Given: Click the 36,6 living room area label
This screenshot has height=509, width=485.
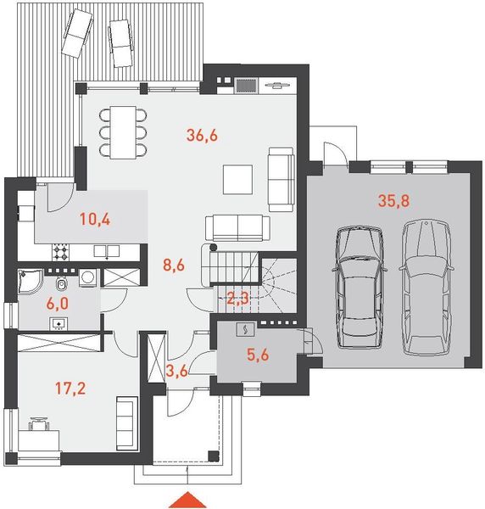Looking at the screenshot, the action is click(x=202, y=136).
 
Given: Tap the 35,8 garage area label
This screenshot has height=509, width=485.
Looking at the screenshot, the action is click(x=393, y=200).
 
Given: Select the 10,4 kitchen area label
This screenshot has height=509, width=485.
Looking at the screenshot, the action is click(x=95, y=220).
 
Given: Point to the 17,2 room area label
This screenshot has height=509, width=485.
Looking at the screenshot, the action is click(x=70, y=389).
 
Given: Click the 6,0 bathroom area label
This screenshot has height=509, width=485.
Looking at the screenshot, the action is click(x=57, y=304).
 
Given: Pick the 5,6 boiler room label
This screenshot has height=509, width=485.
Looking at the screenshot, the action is click(x=258, y=355).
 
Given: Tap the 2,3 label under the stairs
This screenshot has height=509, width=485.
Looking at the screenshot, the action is click(x=237, y=299).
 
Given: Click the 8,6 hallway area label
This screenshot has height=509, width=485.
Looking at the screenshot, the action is click(x=174, y=266).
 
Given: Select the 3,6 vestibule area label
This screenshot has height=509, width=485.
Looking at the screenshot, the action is click(x=177, y=371).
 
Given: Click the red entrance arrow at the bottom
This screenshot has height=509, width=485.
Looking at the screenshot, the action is click(x=187, y=501).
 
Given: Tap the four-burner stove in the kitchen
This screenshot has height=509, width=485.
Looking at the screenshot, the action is click(x=61, y=252).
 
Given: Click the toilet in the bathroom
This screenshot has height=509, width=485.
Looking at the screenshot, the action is click(x=61, y=283).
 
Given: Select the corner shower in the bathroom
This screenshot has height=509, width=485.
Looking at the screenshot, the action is click(x=29, y=280).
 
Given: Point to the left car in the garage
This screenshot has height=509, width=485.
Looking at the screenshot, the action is click(x=360, y=287).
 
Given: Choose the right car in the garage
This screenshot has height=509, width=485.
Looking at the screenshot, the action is click(x=426, y=287).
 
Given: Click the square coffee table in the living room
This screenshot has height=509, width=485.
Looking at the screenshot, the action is click(x=237, y=180).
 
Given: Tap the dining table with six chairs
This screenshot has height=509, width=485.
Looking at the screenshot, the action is click(x=123, y=132).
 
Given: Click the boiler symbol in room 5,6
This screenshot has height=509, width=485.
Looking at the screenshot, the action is click(x=246, y=329).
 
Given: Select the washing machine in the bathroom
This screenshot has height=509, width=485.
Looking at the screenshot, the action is click(x=87, y=277).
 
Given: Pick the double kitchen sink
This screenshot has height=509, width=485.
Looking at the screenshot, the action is click(x=106, y=251).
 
